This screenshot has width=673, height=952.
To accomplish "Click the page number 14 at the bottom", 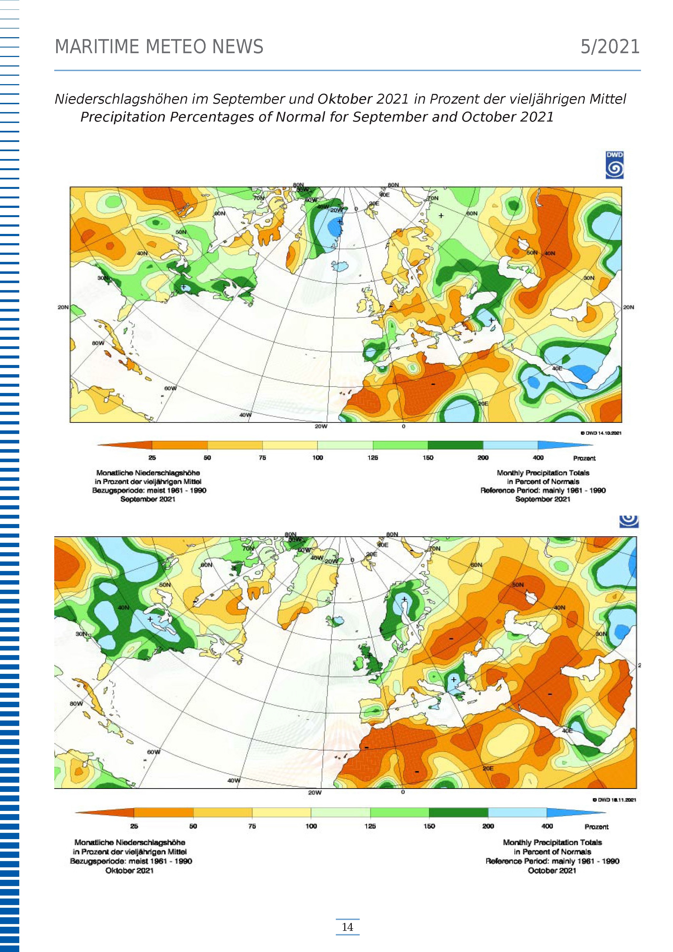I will [347, 927].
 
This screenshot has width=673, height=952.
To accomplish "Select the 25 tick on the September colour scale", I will [152, 458].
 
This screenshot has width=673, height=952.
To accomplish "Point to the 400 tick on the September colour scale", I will [538, 458].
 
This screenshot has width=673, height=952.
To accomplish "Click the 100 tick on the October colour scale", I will [311, 826].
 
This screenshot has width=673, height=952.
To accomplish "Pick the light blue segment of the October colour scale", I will [517, 813].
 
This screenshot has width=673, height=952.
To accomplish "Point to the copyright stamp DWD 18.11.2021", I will [614, 799].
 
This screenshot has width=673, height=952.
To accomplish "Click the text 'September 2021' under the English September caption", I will [543, 499].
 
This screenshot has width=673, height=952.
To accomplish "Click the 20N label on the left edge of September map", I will [63, 307].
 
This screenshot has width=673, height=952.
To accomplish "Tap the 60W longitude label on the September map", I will [170, 389].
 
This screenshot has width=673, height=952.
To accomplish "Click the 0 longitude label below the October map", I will [403, 792].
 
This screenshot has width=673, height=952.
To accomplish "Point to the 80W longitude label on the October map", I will [76, 704].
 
